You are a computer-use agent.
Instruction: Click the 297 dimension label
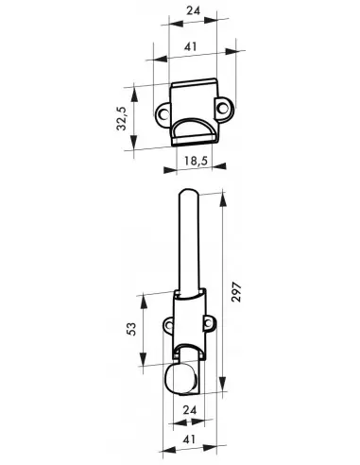[236, 293]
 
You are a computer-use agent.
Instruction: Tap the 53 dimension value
[132, 329]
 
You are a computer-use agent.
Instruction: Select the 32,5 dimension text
[122, 118]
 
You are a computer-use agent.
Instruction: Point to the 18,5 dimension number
[196, 161]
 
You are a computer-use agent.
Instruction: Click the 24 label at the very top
[193, 10]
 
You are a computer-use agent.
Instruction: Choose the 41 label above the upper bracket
[191, 46]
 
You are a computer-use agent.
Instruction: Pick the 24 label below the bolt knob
[190, 410]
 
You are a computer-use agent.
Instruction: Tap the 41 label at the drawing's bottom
[189, 439]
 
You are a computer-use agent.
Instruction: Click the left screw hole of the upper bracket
[163, 113]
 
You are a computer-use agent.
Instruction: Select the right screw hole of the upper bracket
[223, 108]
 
